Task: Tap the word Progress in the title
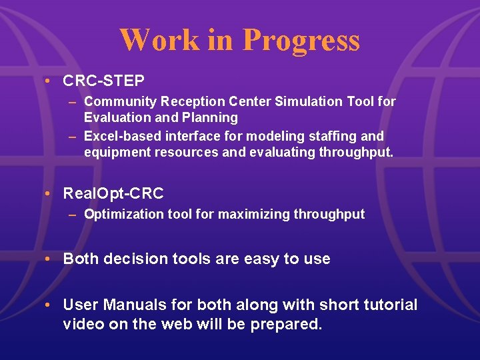301,41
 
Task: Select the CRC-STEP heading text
103,81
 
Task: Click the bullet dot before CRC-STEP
49,81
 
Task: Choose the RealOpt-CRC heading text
113,193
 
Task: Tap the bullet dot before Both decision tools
49,259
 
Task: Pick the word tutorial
391,305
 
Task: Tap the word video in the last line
81,325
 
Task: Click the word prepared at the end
287,325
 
